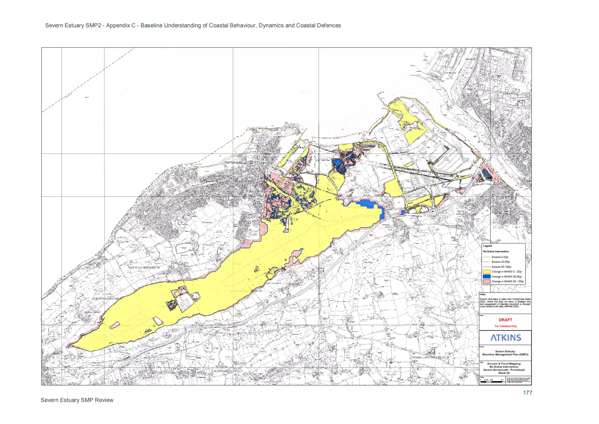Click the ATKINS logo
[x=506, y=338]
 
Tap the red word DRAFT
[x=505, y=320]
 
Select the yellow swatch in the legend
[x=487, y=271]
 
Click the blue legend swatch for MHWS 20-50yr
[x=487, y=276]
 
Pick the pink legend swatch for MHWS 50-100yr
[x=487, y=281]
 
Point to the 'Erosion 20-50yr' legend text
[x=501, y=262]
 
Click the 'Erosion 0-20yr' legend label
[x=500, y=257]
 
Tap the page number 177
[x=527, y=393]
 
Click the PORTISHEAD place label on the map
[x=233, y=163]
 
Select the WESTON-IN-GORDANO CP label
[x=144, y=268]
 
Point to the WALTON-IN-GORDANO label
[x=106, y=298]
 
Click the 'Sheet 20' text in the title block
[x=504, y=373]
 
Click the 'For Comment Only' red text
[x=506, y=326]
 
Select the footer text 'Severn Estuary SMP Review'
[x=77, y=400]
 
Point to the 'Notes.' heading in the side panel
[x=483, y=294]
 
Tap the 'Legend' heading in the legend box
[x=487, y=246]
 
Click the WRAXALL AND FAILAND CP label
[x=428, y=358]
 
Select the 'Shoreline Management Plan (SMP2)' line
[x=505, y=354]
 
